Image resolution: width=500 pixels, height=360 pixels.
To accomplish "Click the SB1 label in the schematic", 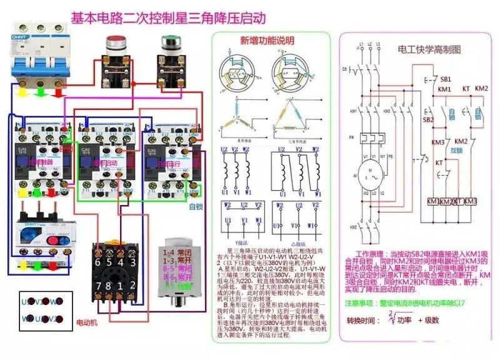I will coord(446,80).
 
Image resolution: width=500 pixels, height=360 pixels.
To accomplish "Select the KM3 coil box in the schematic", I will coord(470,201).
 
